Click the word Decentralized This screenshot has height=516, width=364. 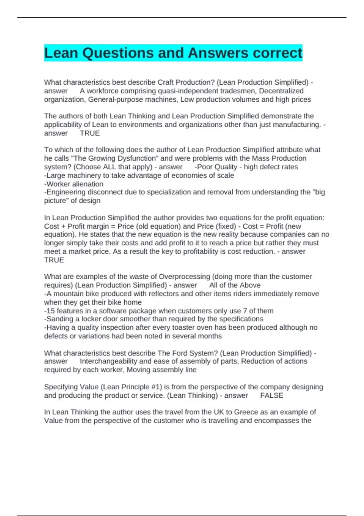click(281, 91)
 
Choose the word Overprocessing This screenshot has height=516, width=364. click(184, 277)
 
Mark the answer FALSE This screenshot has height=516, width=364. click(271, 395)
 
